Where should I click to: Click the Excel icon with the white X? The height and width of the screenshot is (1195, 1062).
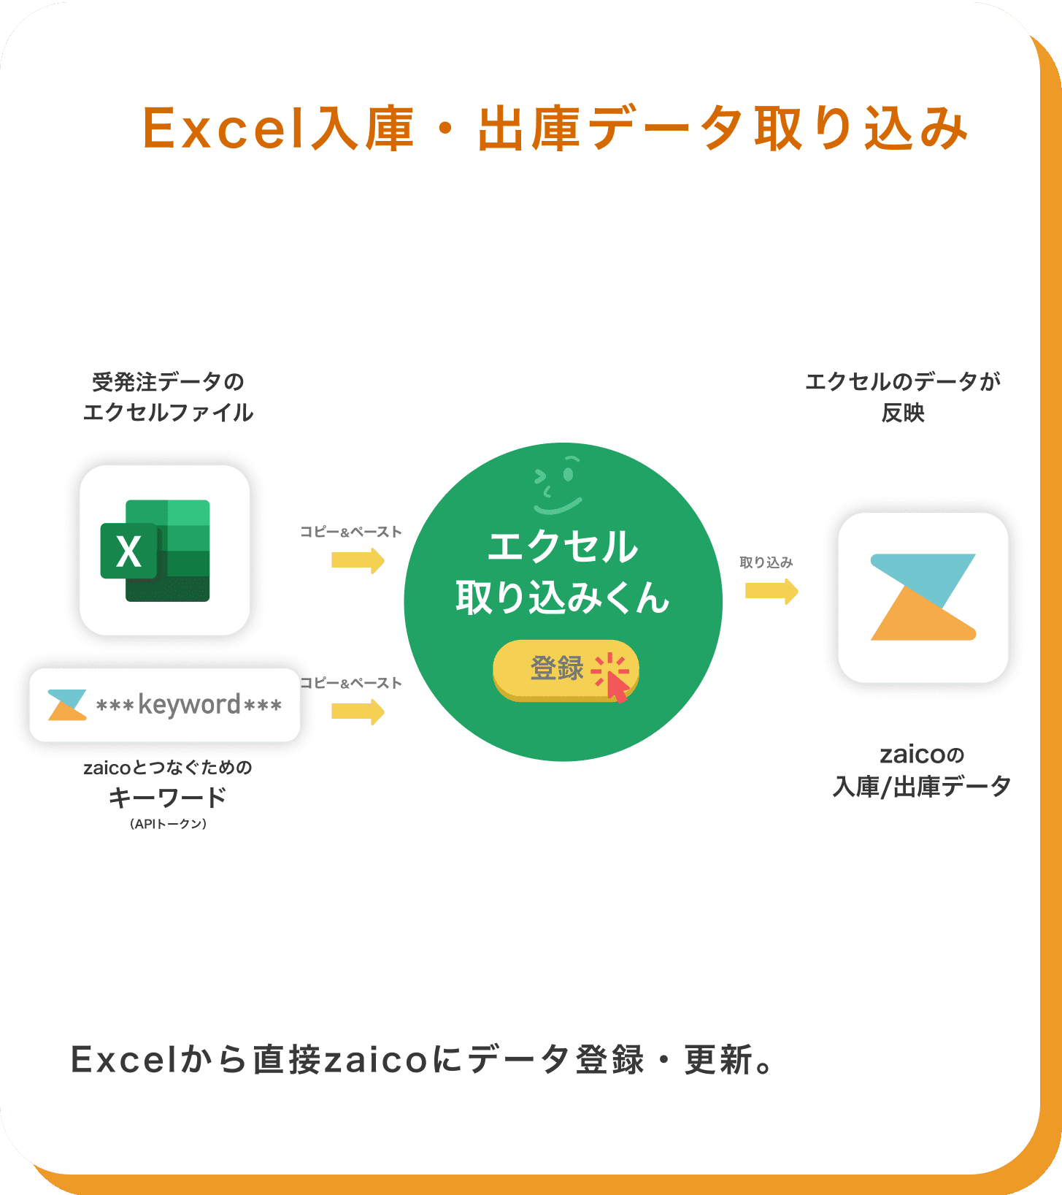[x=155, y=551]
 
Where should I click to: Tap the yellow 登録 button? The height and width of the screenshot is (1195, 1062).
[x=566, y=670]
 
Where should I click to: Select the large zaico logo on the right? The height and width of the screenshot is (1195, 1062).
[x=923, y=597]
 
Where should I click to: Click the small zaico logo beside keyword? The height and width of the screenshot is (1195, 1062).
[x=67, y=705]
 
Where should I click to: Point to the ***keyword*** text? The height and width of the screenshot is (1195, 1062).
[x=189, y=705]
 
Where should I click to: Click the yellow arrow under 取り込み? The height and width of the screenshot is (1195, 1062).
[x=772, y=591]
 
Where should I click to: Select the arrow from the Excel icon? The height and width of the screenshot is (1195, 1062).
[x=358, y=561]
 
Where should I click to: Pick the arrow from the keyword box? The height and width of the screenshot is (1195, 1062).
[x=358, y=711]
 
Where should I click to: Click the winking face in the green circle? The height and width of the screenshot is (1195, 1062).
[x=558, y=485]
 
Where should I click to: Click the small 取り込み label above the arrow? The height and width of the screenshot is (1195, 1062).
[x=766, y=562]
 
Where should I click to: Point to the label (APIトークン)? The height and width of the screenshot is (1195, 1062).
[x=169, y=824]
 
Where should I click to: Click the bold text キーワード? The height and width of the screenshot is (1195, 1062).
[x=168, y=797]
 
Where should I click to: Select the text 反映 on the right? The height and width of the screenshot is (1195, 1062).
[x=903, y=413]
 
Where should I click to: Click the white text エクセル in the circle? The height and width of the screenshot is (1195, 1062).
[x=563, y=547]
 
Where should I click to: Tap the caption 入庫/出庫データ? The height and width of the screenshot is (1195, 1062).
[x=922, y=787]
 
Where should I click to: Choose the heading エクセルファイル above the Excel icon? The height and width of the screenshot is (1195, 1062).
[x=169, y=413]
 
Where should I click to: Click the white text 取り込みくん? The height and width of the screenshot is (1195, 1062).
[x=563, y=598]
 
